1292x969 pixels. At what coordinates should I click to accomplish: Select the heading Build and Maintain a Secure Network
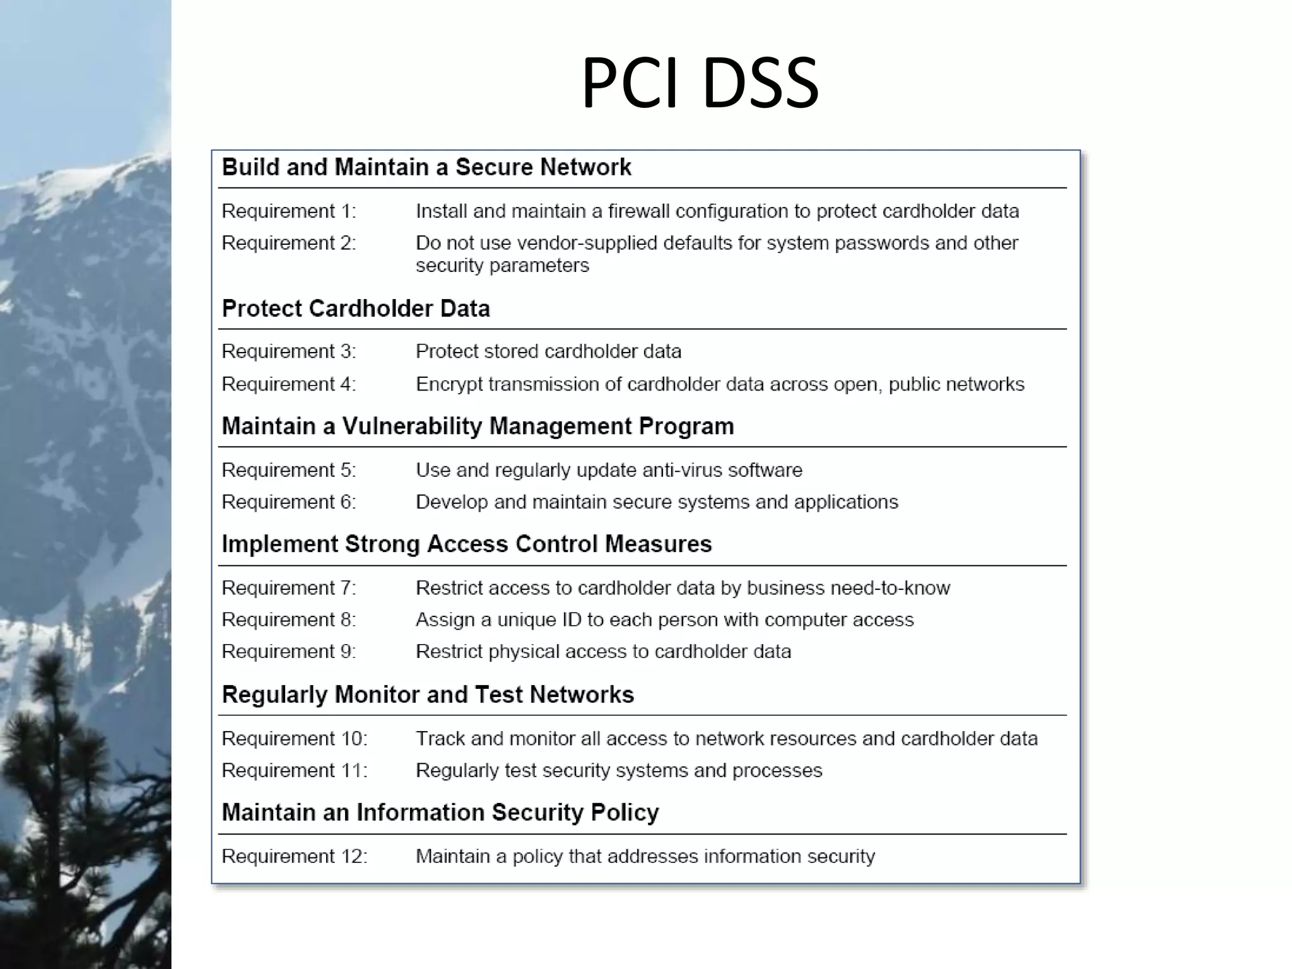426,167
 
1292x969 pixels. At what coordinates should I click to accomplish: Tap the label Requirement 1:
289,211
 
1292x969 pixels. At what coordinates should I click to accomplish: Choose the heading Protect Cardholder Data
356,308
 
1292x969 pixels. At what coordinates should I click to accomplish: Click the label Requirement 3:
289,351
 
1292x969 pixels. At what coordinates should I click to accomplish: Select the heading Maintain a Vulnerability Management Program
478,426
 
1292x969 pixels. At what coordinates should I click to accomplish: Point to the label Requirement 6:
289,502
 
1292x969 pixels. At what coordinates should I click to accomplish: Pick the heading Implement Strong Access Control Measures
467,544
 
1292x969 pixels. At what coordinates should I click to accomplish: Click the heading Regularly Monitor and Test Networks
428,695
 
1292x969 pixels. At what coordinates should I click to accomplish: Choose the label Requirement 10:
295,739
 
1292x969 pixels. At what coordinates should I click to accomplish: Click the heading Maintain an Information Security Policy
440,813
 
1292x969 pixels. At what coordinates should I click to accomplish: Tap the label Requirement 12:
295,857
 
